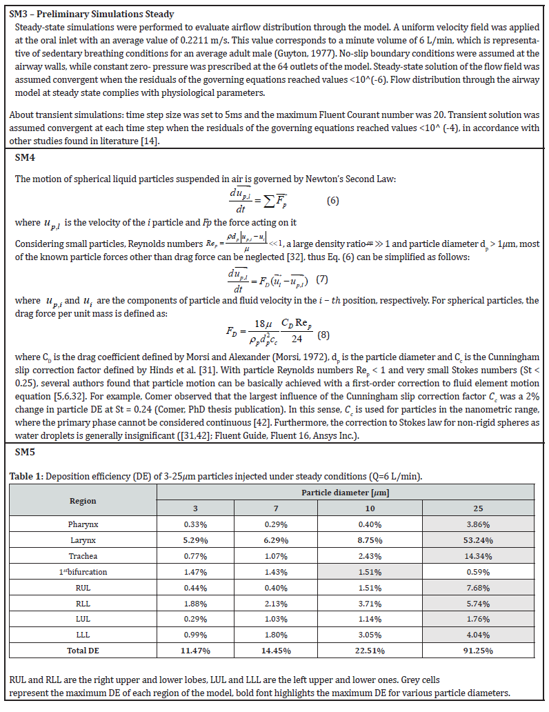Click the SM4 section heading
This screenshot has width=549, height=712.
coord(25,158)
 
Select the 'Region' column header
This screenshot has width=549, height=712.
coord(83,500)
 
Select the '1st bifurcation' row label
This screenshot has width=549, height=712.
coord(83,571)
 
